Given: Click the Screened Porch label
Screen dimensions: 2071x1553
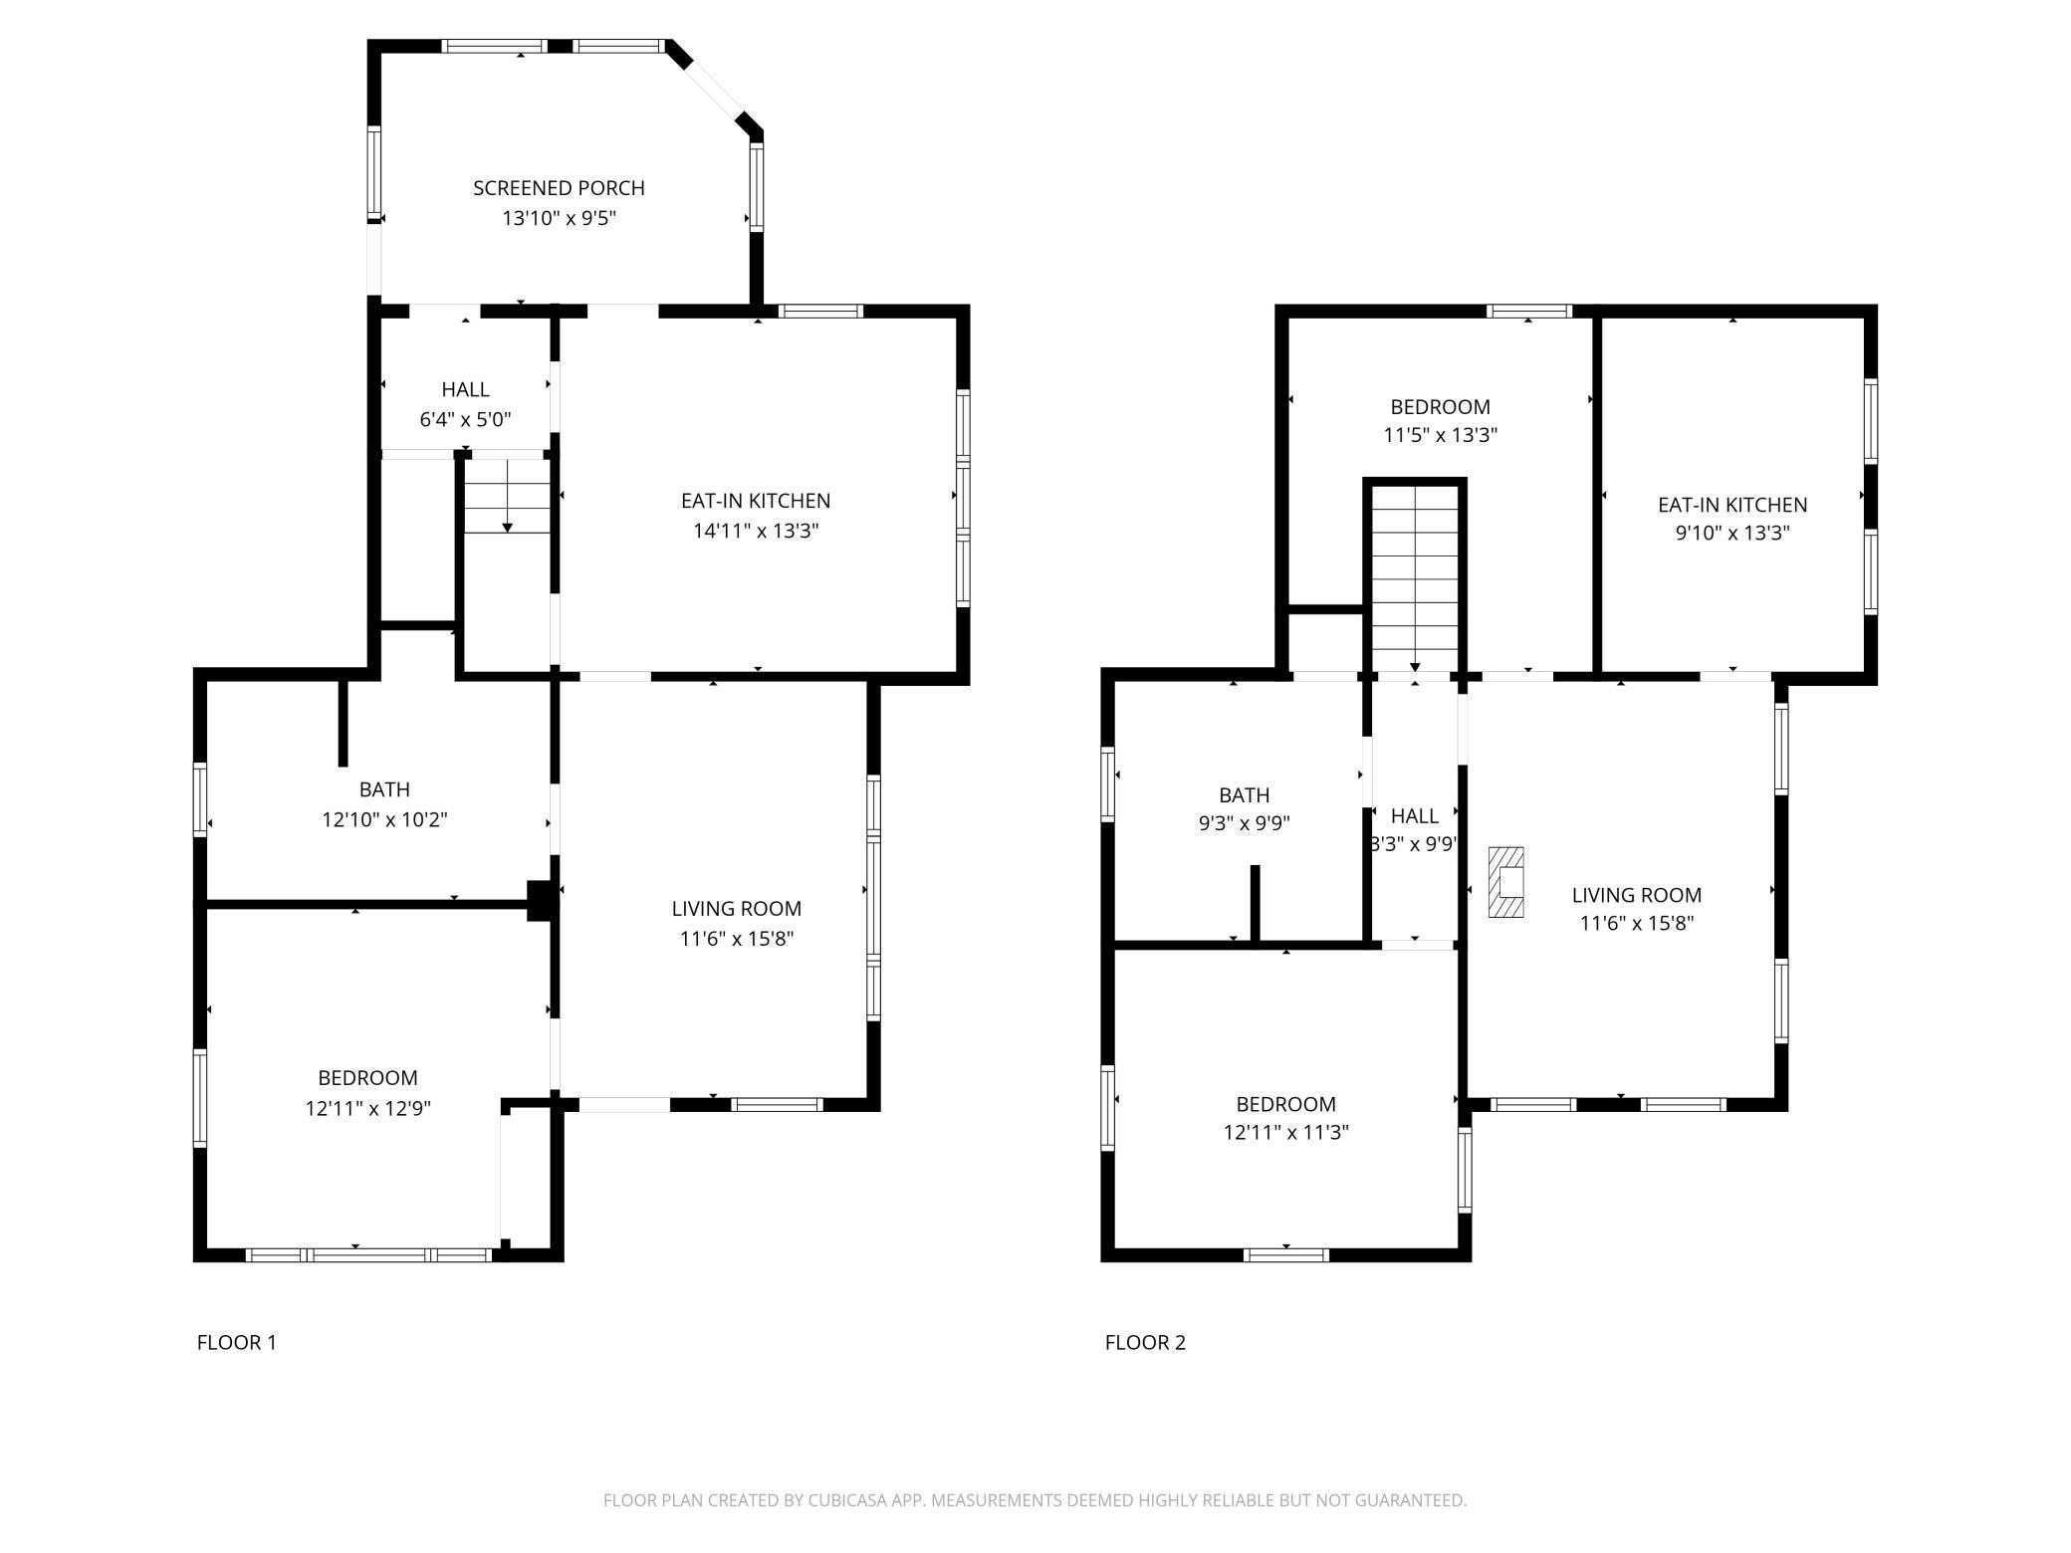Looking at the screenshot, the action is tap(559, 188).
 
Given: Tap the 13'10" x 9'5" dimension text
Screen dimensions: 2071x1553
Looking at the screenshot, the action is tap(559, 218).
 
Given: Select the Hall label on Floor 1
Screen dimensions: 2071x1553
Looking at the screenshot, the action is tap(465, 389).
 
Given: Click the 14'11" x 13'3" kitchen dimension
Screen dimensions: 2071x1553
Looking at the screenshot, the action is tap(756, 531).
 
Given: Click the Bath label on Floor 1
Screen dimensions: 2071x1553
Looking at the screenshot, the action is tap(384, 789).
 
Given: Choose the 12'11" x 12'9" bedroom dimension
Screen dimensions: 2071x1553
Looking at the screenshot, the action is tap(367, 1108).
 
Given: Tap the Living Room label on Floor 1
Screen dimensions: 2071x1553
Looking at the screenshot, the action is tap(736, 908).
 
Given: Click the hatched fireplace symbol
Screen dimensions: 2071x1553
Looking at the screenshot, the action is tap(1505, 882).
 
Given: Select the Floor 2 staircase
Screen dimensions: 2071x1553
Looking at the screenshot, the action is tap(1415, 577).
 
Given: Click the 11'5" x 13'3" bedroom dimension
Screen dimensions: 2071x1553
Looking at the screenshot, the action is tap(1440, 435).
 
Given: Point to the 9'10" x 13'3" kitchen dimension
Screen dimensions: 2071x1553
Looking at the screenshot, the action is tap(1732, 533).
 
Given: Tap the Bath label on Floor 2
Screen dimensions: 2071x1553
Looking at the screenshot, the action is tap(1244, 795).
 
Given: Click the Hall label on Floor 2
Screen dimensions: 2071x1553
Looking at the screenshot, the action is tap(1414, 816).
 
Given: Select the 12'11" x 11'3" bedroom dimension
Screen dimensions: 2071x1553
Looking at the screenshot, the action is tap(1285, 1132).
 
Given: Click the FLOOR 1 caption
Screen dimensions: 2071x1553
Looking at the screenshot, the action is tap(237, 1342).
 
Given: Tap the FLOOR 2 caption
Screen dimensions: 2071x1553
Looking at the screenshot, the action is tap(1145, 1342).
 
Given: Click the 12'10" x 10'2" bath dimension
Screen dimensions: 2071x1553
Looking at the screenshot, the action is tap(384, 819).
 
